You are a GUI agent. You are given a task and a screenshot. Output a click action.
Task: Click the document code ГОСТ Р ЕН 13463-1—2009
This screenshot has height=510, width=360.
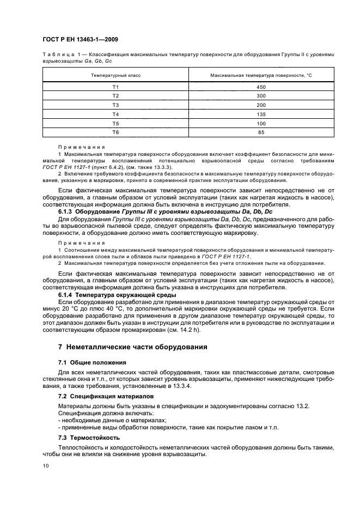coord(78,40)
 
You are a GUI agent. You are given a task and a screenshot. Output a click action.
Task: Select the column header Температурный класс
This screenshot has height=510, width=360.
coord(115,75)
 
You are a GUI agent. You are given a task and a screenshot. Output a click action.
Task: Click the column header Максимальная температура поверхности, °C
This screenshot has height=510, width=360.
coord(261,75)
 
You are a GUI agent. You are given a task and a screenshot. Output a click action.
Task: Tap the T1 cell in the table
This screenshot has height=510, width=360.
coord(115,87)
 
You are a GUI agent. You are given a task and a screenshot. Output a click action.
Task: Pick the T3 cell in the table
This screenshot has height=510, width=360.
coord(115,105)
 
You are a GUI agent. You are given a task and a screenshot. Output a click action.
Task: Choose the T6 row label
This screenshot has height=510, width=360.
coord(115,132)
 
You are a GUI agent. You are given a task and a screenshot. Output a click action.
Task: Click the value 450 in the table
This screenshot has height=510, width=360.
coord(261,87)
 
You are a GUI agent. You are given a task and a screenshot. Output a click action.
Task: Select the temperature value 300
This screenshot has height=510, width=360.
coord(261,96)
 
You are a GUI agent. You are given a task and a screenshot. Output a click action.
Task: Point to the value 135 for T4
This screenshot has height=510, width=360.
coord(261,114)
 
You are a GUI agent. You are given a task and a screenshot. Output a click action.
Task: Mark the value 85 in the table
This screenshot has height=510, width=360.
coord(261,132)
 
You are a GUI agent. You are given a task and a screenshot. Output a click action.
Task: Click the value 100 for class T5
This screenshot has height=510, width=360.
coord(261,123)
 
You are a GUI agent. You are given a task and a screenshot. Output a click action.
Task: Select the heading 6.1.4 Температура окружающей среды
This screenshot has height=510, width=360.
coord(117,295)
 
